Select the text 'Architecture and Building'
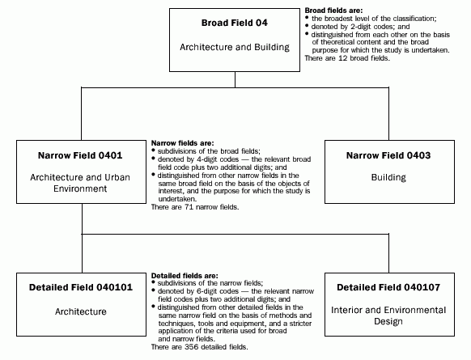[x=235, y=48]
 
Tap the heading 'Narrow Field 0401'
[x=78, y=154]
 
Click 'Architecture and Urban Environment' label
[x=78, y=183]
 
